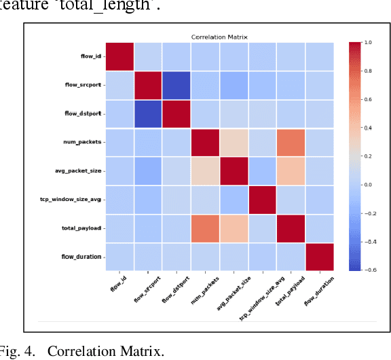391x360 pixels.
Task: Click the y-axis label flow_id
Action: (x=90, y=56)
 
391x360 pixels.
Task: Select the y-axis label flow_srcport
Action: (x=85, y=85)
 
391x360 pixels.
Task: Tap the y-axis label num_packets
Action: (x=84, y=142)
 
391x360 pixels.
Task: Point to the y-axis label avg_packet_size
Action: (x=80, y=170)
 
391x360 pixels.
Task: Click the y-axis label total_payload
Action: (x=83, y=228)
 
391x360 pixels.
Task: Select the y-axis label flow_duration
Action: (x=83, y=257)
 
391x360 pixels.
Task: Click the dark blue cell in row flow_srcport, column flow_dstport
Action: (x=162, y=85)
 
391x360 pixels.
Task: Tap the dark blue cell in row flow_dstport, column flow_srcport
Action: (x=134, y=113)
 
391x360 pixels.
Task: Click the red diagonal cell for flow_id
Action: (x=119, y=56)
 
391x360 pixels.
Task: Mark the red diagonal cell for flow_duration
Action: (x=320, y=257)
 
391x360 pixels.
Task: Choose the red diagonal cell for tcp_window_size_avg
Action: (x=263, y=200)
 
